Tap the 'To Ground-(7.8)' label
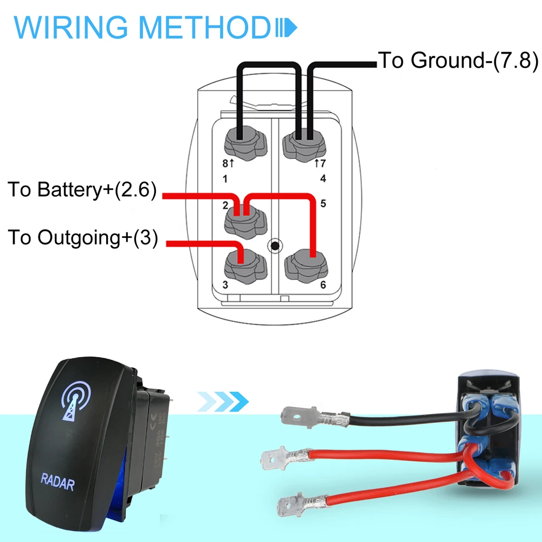tap(458, 60)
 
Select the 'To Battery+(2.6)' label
tap(82, 190)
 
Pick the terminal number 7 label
tap(323, 163)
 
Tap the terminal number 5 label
tap(323, 204)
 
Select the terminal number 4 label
tap(323, 179)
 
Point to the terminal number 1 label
tap(225, 179)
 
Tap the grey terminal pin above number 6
tap(304, 264)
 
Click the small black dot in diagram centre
tap(275, 247)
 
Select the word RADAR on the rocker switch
tap(57, 481)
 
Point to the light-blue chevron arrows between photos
tap(223, 402)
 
